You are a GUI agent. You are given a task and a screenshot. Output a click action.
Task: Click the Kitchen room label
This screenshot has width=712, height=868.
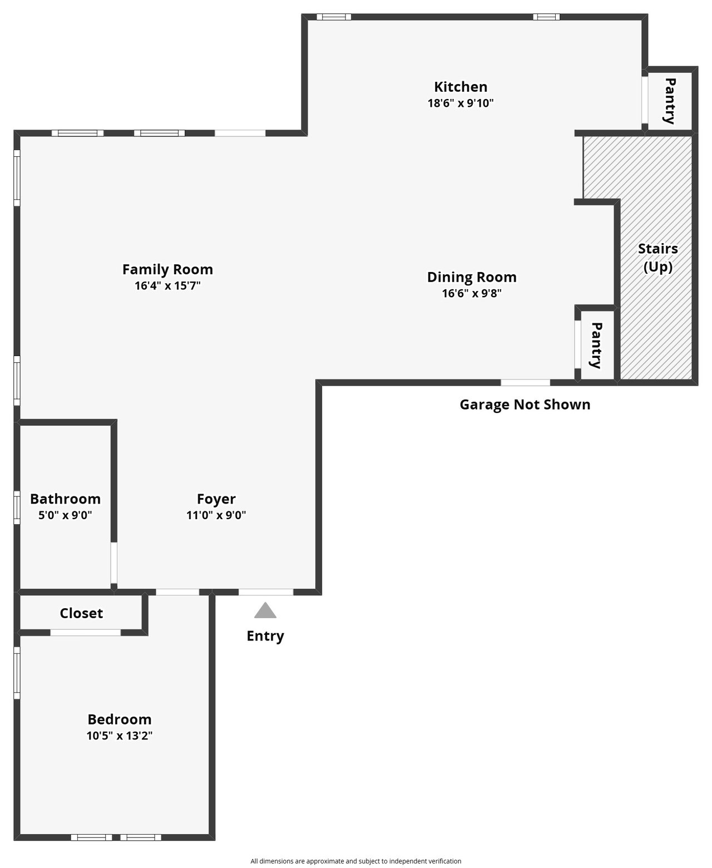click(461, 87)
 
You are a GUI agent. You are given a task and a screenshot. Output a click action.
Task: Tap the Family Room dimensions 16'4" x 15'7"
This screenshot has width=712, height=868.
click(167, 285)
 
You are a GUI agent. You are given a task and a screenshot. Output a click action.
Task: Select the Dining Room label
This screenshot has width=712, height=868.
click(472, 277)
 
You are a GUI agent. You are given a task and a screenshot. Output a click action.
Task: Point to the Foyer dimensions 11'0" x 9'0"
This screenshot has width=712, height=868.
click(216, 515)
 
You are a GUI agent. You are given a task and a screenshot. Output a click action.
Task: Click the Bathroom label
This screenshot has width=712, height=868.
click(66, 499)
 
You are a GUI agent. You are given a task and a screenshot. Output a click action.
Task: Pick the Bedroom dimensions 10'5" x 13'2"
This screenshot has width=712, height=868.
click(120, 736)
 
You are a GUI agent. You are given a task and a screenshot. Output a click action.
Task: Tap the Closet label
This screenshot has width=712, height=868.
click(81, 613)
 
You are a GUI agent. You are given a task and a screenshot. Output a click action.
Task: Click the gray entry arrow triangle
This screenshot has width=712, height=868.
click(265, 611)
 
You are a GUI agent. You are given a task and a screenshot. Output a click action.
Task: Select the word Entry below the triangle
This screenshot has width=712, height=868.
click(265, 637)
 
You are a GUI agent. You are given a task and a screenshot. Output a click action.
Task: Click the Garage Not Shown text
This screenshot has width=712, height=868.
click(525, 405)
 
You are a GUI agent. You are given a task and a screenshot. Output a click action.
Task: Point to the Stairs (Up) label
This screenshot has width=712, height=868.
click(657, 258)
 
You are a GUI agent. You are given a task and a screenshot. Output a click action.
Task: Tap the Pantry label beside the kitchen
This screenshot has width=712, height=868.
click(670, 101)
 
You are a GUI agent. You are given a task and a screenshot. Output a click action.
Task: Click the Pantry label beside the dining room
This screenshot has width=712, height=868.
click(596, 345)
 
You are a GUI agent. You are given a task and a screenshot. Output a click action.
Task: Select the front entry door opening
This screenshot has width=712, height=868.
click(266, 592)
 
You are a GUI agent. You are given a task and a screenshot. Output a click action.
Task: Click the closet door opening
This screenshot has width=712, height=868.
click(86, 633)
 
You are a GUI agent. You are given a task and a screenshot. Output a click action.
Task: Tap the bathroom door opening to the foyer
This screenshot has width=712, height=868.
click(113, 563)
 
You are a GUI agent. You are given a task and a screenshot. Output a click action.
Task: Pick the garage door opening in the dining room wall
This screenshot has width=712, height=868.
click(525, 383)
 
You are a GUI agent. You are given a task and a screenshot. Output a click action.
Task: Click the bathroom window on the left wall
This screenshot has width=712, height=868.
click(17, 507)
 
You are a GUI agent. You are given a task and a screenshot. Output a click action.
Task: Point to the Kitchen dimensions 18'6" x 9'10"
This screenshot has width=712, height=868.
click(461, 103)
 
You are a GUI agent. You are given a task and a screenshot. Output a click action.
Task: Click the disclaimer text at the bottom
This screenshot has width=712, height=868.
click(355, 861)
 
